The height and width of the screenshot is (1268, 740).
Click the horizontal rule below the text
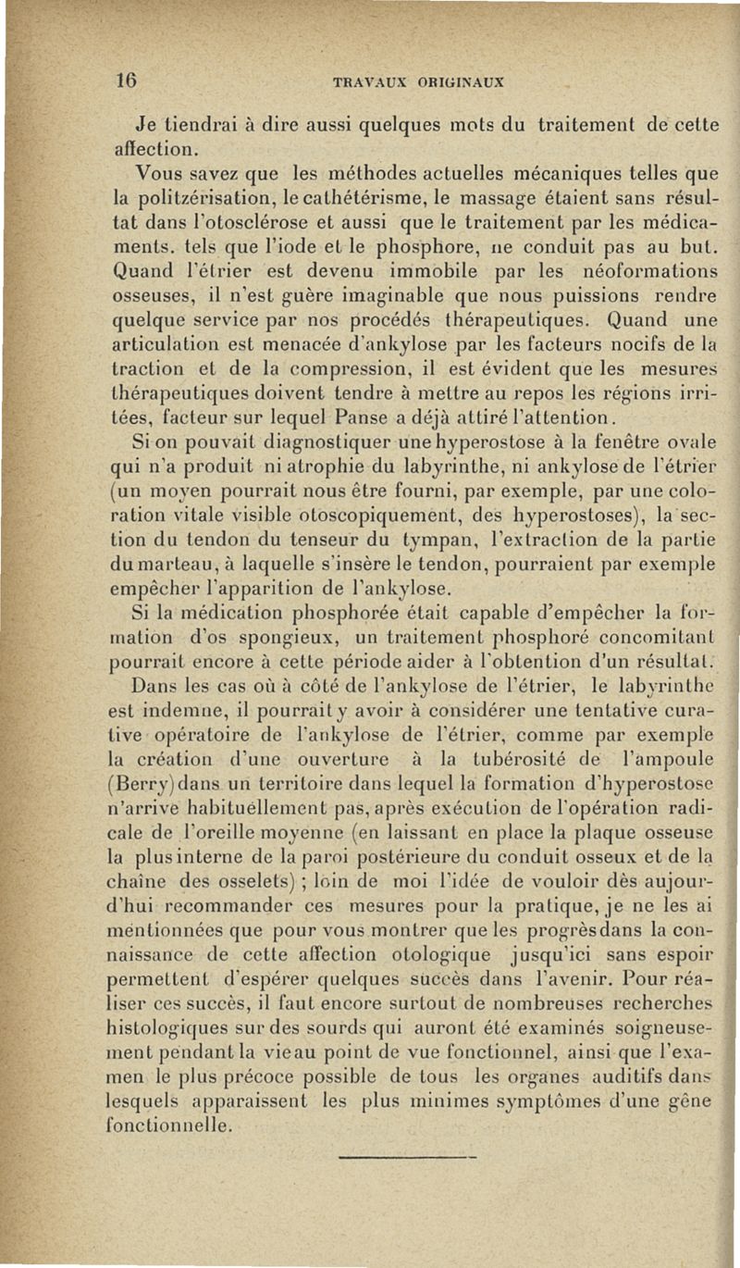(x=407, y=1156)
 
